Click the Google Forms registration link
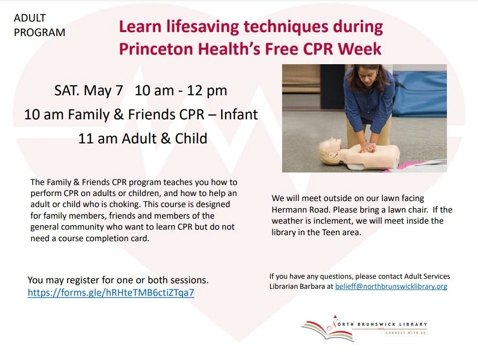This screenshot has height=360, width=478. pyautogui.click(x=111, y=293)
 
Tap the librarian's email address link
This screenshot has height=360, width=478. pyautogui.click(x=391, y=286)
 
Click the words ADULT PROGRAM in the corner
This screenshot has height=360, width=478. pyautogui.click(x=39, y=25)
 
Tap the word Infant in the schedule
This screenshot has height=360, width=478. pyautogui.click(x=236, y=115)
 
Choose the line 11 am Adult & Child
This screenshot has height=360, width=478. pyautogui.click(x=142, y=138)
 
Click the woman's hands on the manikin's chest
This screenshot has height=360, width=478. pyautogui.click(x=369, y=147)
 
